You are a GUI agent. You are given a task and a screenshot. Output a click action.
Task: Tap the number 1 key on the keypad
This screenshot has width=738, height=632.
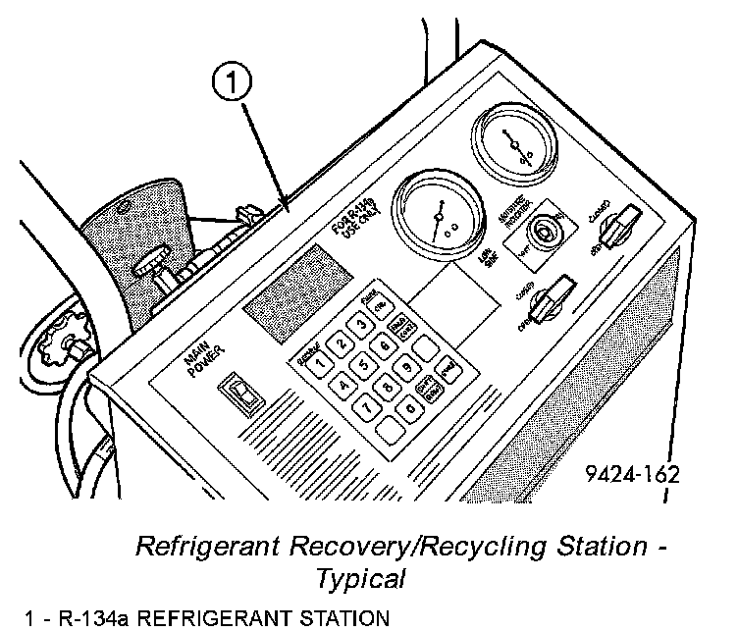320,357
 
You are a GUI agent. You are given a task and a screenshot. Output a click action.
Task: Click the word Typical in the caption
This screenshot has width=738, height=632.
359,578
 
